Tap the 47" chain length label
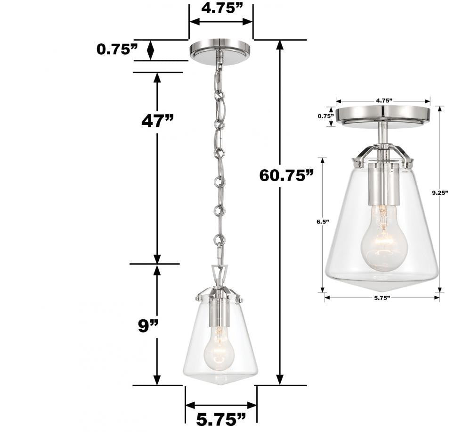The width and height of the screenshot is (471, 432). [x=157, y=121]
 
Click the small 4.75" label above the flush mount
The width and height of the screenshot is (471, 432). [x=383, y=100]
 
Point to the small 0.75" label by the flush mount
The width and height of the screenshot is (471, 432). [x=325, y=116]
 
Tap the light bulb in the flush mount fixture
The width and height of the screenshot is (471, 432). [x=384, y=241]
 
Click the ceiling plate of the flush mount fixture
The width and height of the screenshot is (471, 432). [x=383, y=115]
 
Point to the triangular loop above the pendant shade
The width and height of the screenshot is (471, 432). [x=219, y=274]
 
